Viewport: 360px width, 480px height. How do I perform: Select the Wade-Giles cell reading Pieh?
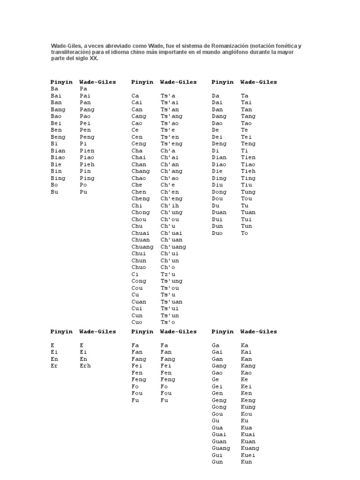coord(87,165)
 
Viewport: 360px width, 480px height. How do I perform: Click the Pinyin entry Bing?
coord(58,178)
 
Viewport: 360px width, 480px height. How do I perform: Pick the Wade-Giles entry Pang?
coord(87,110)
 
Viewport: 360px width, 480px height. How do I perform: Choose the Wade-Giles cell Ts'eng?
coord(171,144)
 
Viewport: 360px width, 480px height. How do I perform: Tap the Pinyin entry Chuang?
coord(142,247)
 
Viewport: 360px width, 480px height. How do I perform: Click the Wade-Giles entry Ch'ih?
coord(169,205)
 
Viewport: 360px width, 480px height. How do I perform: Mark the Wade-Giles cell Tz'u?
coord(167,274)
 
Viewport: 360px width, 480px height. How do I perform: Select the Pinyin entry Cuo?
coord(136,322)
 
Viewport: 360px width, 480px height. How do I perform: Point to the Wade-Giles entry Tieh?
coord(248,171)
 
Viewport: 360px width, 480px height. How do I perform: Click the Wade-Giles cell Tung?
coord(248,192)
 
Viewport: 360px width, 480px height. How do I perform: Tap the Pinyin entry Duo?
coord(217,233)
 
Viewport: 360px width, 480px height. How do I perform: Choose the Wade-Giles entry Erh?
coord(85,366)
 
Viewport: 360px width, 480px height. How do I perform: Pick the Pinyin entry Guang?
coord(221,448)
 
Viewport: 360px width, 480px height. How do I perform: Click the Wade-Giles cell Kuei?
coord(248,455)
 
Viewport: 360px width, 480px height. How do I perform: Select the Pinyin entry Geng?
coord(219,400)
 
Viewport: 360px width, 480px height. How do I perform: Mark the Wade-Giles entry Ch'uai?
coord(171,233)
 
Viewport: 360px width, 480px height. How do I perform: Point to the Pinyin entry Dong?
coord(219,192)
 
